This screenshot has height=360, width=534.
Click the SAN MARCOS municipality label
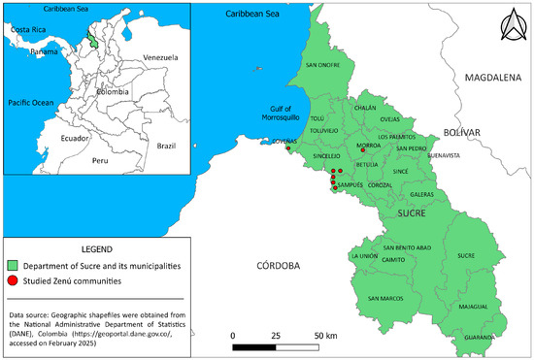[385, 297]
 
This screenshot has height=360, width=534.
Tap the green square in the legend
[12, 264]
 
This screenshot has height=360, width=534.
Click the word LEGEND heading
[93, 246]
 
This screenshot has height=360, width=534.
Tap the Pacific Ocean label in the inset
[32, 102]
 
